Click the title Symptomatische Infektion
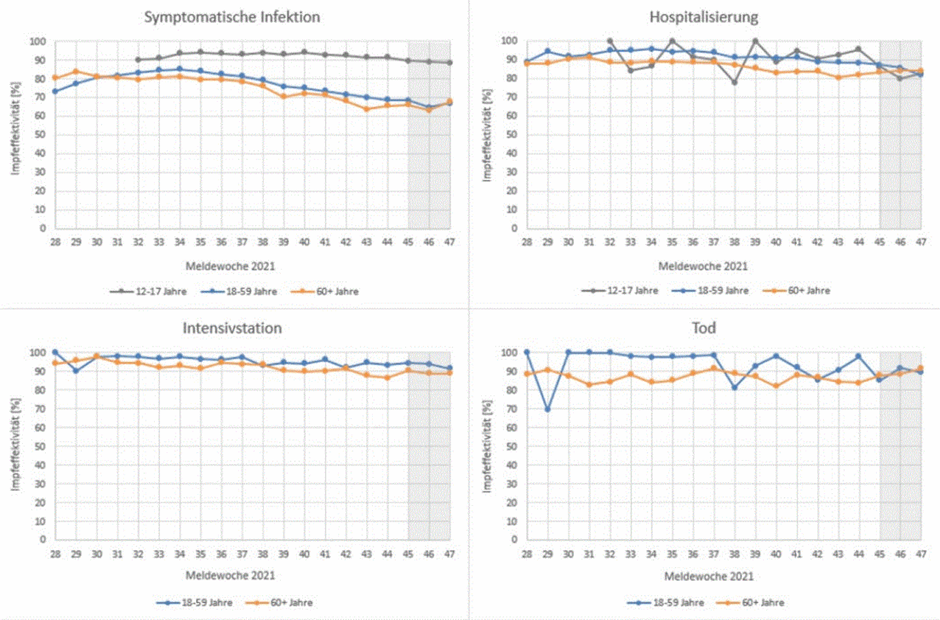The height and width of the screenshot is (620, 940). point(232,17)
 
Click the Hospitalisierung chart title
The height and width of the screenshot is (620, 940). point(704,17)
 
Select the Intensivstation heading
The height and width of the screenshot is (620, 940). point(232,328)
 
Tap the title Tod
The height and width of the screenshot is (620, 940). point(704,328)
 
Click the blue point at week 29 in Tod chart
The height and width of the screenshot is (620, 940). point(548,409)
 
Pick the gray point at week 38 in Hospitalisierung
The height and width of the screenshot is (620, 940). point(735,82)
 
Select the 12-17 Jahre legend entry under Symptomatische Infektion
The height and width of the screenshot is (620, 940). point(148,292)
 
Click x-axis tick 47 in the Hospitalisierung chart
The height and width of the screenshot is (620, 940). point(920,241)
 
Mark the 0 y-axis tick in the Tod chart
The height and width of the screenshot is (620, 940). point(514,540)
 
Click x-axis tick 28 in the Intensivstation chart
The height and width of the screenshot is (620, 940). point(55,553)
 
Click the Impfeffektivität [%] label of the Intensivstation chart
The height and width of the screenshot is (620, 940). point(16,444)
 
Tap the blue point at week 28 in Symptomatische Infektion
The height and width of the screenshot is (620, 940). point(55,91)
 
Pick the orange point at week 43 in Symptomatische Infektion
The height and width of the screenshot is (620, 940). point(367,109)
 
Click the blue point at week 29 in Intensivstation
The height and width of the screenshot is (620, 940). point(76,371)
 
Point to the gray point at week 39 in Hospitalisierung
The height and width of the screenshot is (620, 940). point(756,41)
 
